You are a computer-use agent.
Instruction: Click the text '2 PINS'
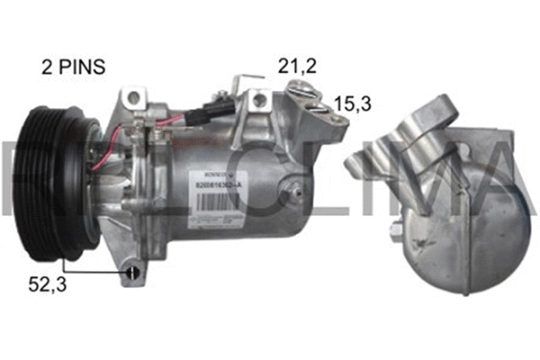coord(73,67)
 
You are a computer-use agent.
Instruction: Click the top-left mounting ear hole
coord(133,95)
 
